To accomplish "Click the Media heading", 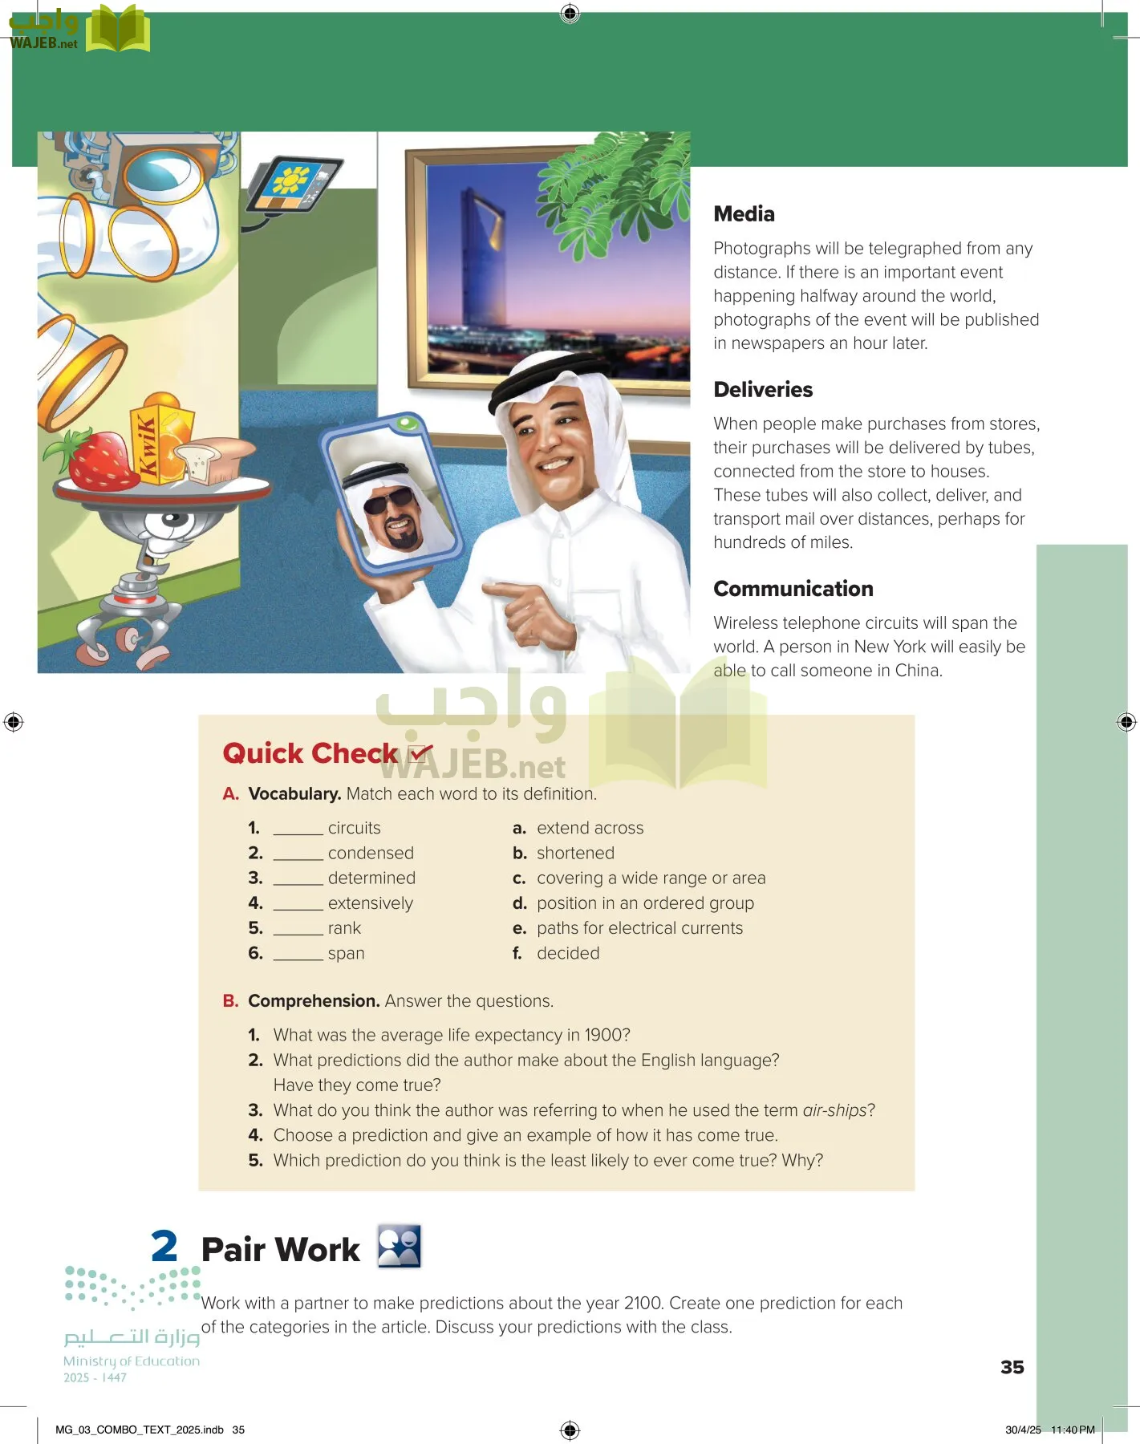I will pyautogui.click(x=744, y=214).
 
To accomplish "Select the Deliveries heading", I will pyautogui.click(x=762, y=390).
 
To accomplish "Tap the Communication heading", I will pyautogui.click(x=793, y=589).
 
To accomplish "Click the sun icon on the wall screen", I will pyautogui.click(x=290, y=181).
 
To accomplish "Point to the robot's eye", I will pyautogui.click(x=171, y=520).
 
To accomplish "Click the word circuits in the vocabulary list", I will pyautogui.click(x=354, y=828).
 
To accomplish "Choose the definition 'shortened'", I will pyautogui.click(x=575, y=853).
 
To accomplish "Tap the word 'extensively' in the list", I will pyautogui.click(x=370, y=903).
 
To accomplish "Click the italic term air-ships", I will pyautogui.click(x=834, y=1110).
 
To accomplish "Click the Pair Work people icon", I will pyautogui.click(x=400, y=1247).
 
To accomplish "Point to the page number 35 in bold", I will pyautogui.click(x=1012, y=1367).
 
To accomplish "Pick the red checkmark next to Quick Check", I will pyautogui.click(x=420, y=752).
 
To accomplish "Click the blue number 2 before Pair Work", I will pyautogui.click(x=164, y=1247).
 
